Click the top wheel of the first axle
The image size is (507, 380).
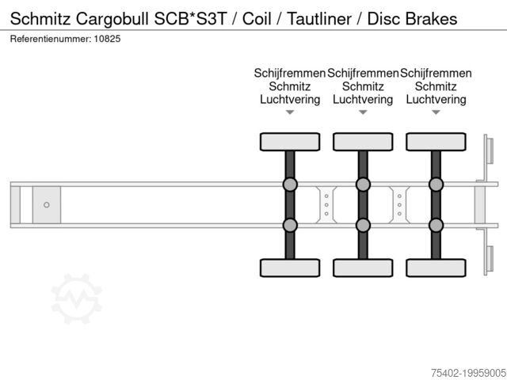(x=290, y=142)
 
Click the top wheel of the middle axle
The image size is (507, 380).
(x=363, y=142)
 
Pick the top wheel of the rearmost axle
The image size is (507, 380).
(x=436, y=142)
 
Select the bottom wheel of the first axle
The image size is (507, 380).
(x=290, y=268)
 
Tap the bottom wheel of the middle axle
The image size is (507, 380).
(x=363, y=268)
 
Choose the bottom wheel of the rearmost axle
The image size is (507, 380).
(x=436, y=268)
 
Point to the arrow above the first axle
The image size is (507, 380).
(x=290, y=112)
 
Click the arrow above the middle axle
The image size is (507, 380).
(x=363, y=112)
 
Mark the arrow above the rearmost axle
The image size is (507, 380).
(x=436, y=112)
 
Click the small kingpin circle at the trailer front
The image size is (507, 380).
(x=47, y=205)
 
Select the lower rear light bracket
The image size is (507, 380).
(x=489, y=260)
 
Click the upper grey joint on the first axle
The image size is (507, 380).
(x=290, y=185)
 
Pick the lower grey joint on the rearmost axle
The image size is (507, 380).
(x=436, y=225)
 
